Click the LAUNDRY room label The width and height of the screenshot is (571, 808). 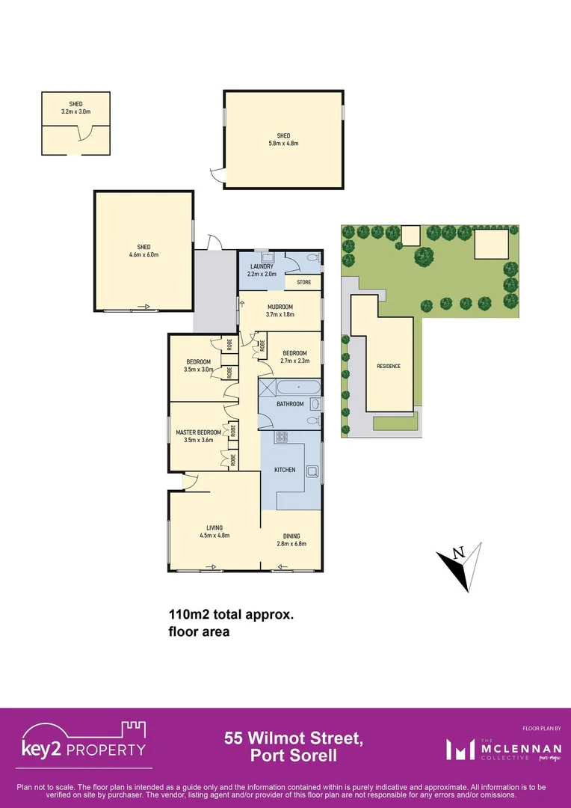(262, 266)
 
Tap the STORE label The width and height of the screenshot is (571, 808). (303, 282)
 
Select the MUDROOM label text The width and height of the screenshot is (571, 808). (280, 307)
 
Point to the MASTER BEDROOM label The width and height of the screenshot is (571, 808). (198, 432)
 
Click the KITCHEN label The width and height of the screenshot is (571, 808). (285, 470)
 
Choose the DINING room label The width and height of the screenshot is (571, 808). (291, 536)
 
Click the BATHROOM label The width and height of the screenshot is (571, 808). (291, 404)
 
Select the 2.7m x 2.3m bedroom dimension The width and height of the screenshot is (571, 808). (294, 361)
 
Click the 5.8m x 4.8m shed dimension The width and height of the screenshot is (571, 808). (283, 144)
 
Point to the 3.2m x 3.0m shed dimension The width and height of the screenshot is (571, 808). (75, 111)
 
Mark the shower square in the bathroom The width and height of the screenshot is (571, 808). (267, 388)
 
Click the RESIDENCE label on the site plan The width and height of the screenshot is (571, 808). (389, 366)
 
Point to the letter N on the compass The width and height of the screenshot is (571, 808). (460, 553)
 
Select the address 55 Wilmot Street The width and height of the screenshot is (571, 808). (294, 738)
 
